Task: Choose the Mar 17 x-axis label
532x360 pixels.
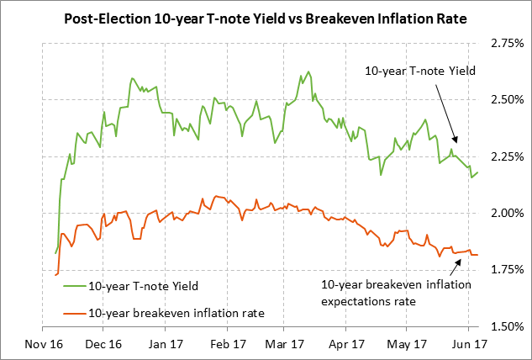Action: [x=284, y=344]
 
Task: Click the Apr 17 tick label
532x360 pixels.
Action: [x=345, y=344]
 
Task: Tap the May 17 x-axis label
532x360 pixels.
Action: [x=405, y=344]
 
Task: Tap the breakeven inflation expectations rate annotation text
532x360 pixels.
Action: [x=396, y=292]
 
